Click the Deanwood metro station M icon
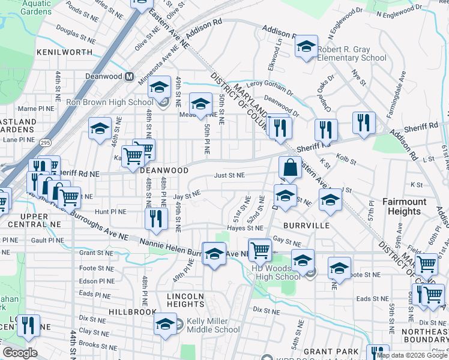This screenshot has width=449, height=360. tap(129, 77)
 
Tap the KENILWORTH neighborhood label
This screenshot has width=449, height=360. tap(64, 52)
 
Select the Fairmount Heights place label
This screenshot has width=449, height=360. tap(405, 206)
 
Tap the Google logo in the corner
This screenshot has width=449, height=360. tap(20, 353)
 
